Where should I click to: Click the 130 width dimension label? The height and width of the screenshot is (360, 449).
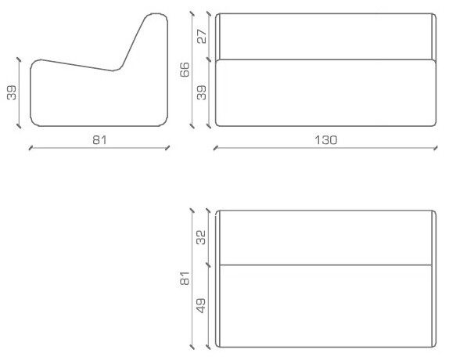pos(326,140)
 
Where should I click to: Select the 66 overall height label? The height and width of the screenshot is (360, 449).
pos(185,70)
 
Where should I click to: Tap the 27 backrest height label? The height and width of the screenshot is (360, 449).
pos(202,36)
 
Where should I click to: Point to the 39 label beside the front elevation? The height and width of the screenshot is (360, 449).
pos(202,92)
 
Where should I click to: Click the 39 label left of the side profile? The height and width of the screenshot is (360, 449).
pos(12,92)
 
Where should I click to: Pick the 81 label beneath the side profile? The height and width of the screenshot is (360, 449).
pos(99,140)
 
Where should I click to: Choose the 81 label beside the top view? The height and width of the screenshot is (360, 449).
pos(185,278)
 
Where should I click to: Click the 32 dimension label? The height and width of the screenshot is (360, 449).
pos(201,237)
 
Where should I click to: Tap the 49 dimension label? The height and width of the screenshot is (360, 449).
pos(201,305)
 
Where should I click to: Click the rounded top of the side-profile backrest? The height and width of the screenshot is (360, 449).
pos(156,14)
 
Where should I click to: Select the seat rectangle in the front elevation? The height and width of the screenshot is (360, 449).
pos(326,93)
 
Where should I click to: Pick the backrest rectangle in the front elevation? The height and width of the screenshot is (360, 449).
pos(326,36)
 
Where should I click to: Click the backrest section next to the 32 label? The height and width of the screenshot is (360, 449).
pos(326,238)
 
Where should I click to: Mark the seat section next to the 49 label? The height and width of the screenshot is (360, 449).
pos(326,306)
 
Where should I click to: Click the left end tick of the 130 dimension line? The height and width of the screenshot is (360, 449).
pos(216,148)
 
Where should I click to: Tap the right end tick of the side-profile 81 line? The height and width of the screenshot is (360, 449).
pos(167,148)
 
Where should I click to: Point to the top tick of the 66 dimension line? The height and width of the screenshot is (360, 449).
pos(192,14)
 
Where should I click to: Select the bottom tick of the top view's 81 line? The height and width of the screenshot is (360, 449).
pos(192,347)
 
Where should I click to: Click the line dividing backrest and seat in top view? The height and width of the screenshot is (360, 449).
pos(326,265)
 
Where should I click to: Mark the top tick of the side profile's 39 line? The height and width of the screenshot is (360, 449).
pos(19,59)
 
